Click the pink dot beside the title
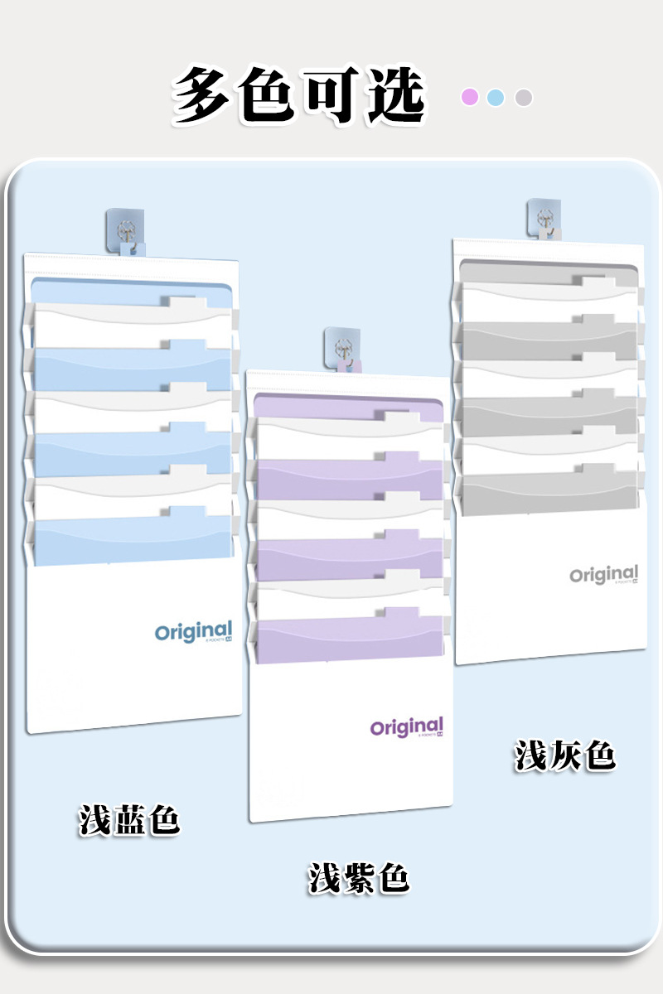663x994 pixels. (x=470, y=98)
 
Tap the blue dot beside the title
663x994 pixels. (x=496, y=98)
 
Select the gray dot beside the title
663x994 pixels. (x=523, y=98)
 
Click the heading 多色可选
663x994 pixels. (x=298, y=96)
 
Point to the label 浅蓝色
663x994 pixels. (x=129, y=819)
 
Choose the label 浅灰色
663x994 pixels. (x=565, y=755)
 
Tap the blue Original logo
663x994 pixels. (x=193, y=632)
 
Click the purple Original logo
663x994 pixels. (x=406, y=727)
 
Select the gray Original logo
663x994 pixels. (x=603, y=575)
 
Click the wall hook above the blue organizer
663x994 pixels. (x=125, y=229)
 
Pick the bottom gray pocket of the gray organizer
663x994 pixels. (x=547, y=494)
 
